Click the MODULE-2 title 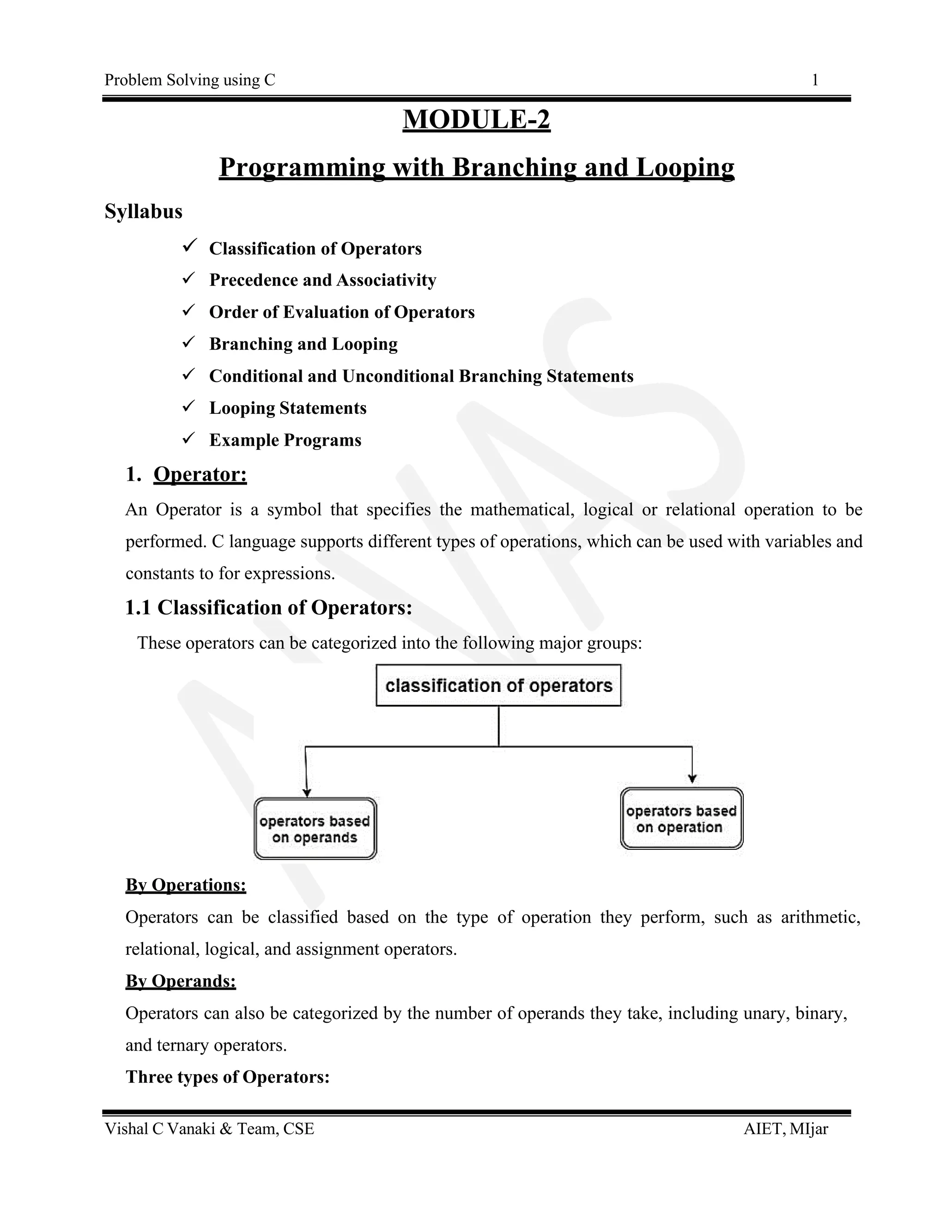point(476,119)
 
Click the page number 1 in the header point(815,80)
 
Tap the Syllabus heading point(144,211)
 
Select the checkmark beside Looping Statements point(189,405)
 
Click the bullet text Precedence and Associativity point(322,279)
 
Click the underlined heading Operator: point(200,474)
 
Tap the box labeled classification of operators point(498,685)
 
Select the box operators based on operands point(315,829)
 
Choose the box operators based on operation point(681,819)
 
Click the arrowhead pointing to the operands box point(307,793)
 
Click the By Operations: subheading point(186,885)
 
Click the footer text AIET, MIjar point(785,1129)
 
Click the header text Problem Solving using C point(189,80)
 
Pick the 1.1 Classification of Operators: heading point(268,607)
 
